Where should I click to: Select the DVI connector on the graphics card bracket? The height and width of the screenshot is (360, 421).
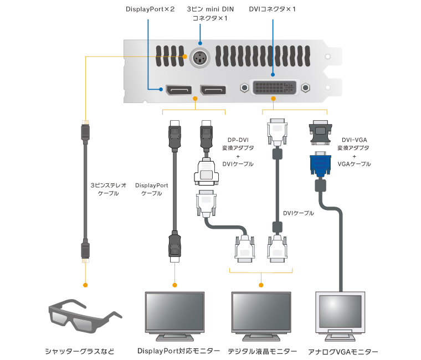click(273, 88)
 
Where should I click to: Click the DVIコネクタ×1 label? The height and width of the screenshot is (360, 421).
click(272, 9)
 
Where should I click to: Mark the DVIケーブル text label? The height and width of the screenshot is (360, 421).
click(298, 213)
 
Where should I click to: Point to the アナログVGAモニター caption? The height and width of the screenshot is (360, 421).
click(343, 352)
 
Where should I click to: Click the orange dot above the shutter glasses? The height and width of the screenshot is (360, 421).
click(85, 285)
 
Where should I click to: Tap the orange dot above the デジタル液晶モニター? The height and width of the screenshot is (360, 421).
click(260, 285)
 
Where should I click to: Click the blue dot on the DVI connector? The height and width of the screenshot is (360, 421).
click(272, 75)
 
